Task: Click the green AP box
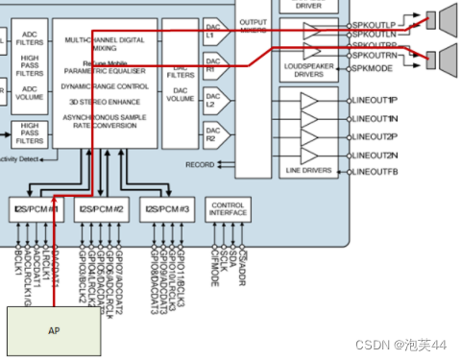tap(53, 329)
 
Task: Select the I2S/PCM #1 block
tap(35, 208)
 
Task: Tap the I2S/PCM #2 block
tap(101, 208)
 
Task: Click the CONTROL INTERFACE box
tap(228, 208)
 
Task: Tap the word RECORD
tap(200, 164)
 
